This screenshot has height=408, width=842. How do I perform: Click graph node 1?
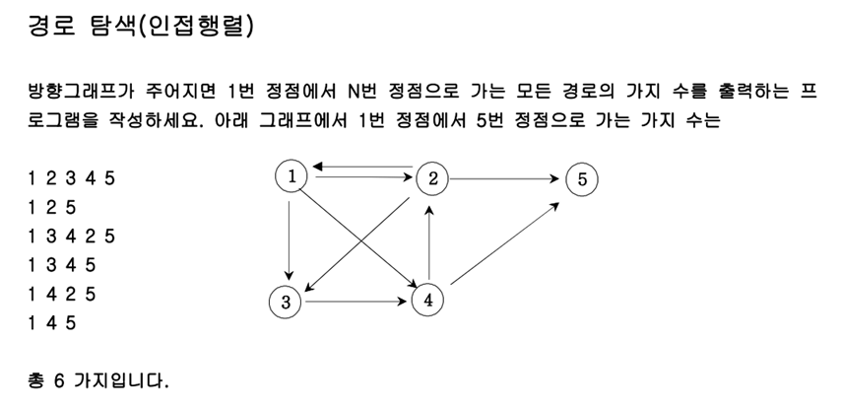[292, 175]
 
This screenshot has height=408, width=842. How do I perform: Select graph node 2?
[432, 178]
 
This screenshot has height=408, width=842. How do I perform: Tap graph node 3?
[286, 302]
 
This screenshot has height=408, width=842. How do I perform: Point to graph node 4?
[428, 300]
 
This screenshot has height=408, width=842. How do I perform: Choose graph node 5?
[582, 179]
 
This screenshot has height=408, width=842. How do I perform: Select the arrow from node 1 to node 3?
[289, 237]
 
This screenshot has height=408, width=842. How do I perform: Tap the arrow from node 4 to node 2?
[429, 240]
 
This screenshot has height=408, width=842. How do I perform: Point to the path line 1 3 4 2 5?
[73, 237]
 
